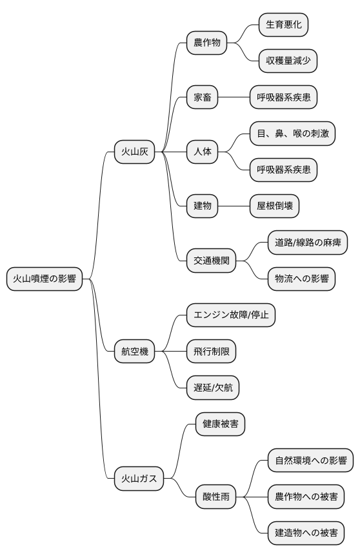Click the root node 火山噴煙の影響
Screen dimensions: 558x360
(45, 279)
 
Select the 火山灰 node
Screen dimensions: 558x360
(135, 152)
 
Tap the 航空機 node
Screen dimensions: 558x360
(135, 352)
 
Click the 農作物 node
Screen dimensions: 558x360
(207, 43)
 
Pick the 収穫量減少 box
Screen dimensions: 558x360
(288, 61)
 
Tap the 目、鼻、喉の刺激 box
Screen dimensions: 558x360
(292, 134)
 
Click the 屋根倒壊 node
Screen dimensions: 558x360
(274, 206)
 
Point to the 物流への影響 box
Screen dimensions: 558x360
(301, 279)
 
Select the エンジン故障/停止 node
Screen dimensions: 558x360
(230, 315)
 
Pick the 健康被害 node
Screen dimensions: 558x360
(220, 424)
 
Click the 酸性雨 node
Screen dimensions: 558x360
(215, 497)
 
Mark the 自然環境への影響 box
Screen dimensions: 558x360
(310, 461)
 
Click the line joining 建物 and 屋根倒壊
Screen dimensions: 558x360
(234, 206)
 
